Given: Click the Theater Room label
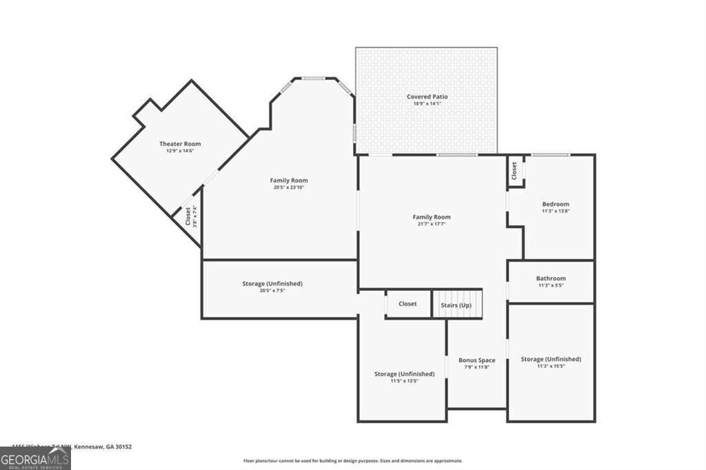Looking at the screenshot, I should coord(180,143).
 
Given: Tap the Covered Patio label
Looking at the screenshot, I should coord(427,96).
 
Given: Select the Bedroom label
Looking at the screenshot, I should coord(556,204).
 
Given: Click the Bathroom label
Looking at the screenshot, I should coord(551,278).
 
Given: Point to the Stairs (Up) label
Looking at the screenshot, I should coord(456,304).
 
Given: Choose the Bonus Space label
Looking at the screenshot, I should coord(476,360).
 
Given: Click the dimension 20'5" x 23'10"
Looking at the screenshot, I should coord(289,187).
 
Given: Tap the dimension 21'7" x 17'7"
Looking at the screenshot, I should coord(432,224).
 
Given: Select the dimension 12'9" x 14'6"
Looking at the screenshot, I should coord(180,150).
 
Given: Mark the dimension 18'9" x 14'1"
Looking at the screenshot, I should coord(427,103).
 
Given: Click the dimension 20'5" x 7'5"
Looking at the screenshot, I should coord(272,291).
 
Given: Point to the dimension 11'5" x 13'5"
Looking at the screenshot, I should coord(404,380).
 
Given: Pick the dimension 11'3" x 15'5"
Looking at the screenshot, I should coord(551,366).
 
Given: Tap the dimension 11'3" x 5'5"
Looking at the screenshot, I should coord(551,285).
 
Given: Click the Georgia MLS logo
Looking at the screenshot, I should coord(35,458).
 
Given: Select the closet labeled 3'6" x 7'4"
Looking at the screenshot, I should coord(190,217).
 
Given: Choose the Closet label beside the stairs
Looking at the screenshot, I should coord(407,304).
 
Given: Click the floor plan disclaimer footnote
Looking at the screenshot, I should coord(352,460).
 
